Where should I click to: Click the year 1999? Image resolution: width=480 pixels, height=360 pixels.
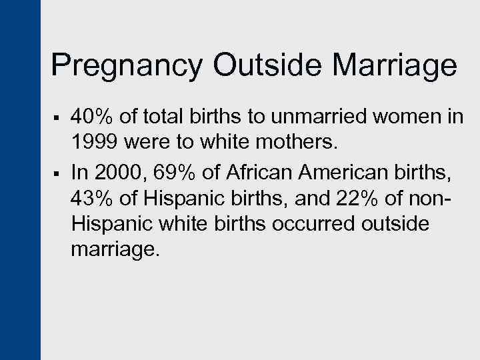point(93,143)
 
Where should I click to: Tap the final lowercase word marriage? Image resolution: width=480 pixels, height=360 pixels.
point(115,249)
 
